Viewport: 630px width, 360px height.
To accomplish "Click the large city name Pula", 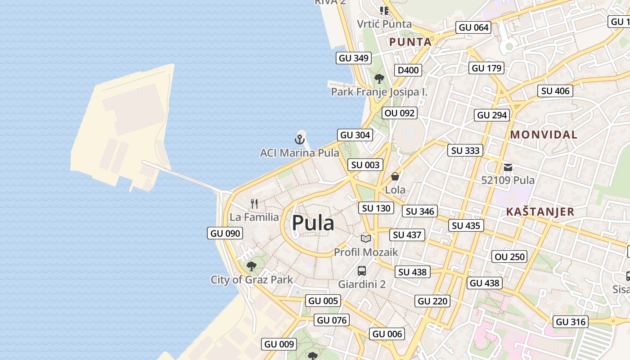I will coord(313,223).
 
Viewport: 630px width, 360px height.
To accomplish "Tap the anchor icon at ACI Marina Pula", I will coord(300,139).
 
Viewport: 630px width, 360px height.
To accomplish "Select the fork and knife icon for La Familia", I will coord(254,204).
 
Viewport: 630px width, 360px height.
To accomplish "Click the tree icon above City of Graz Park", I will coord(252,266).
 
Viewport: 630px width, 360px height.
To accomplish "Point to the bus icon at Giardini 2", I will coord(362,271).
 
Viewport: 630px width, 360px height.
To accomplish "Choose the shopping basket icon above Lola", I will coord(395,176).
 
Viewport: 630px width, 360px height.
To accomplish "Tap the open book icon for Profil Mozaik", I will coord(366,238).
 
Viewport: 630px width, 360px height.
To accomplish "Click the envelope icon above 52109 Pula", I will coord(508,167).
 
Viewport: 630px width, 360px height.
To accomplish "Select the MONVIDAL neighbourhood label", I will coord(544,135).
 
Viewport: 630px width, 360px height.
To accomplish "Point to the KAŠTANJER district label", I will coord(540,211).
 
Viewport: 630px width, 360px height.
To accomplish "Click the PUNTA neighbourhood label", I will coord(410,42).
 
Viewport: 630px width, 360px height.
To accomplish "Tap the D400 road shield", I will coord(408,70).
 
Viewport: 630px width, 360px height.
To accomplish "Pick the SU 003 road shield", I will coord(365,165).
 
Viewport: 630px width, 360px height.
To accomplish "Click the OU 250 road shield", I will coord(509,256).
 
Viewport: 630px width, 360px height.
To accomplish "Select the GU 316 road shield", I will coord(571,321).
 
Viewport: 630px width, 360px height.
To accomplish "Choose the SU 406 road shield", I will coord(555,91).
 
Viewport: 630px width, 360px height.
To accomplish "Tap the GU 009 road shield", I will coord(279,344).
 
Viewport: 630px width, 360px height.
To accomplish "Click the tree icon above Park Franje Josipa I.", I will coord(379,79).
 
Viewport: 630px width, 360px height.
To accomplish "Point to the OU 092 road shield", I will coord(400,113).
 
